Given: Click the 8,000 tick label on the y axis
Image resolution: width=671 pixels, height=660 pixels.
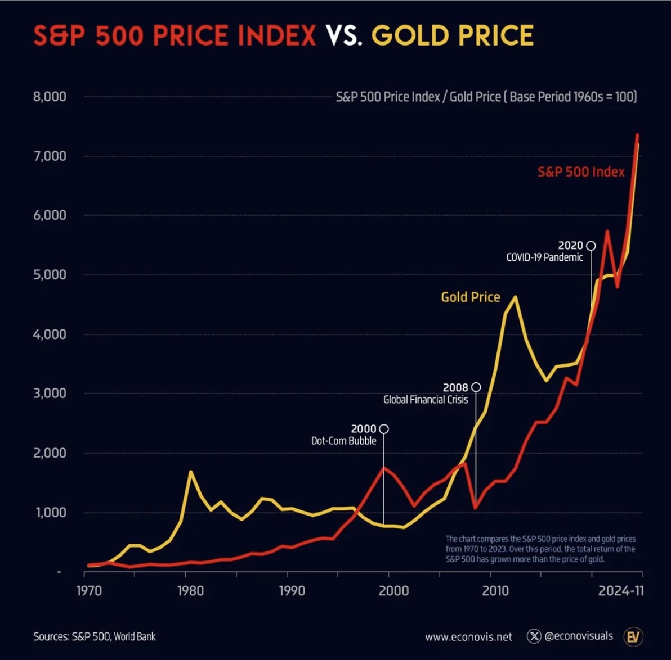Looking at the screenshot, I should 50,97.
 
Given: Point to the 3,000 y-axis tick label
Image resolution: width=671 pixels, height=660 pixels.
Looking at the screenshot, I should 50,394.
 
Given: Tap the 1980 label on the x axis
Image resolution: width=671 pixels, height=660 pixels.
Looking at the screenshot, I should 190,591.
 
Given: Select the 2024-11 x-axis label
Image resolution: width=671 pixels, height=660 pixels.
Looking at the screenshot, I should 620,591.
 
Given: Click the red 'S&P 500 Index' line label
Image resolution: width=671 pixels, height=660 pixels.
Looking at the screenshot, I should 581,172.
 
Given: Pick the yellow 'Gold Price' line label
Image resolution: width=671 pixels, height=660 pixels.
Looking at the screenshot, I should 470,297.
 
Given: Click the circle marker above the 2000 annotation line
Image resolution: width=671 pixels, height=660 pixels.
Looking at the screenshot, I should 384,429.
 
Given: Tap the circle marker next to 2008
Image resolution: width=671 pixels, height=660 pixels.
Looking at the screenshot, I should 476,387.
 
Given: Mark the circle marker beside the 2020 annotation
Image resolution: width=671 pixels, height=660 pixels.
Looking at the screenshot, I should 591,246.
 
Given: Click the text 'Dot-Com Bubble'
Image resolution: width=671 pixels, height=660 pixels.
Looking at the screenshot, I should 343,441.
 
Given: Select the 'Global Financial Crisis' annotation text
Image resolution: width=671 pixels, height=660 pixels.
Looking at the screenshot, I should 426,400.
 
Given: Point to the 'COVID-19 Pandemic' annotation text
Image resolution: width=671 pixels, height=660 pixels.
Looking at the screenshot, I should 544,257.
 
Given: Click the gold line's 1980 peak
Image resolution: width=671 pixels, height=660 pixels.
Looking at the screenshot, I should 191,472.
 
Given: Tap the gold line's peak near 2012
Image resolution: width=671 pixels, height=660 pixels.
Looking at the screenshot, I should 515,297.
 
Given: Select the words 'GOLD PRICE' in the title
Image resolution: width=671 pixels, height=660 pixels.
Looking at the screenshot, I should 452,37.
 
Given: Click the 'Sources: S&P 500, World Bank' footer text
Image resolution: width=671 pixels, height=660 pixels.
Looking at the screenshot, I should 94,636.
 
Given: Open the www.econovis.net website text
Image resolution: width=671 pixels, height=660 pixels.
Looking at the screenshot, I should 468,637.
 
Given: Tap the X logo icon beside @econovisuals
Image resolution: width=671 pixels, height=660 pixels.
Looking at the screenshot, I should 534,636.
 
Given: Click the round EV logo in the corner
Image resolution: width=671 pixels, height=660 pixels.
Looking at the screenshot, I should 634,636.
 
